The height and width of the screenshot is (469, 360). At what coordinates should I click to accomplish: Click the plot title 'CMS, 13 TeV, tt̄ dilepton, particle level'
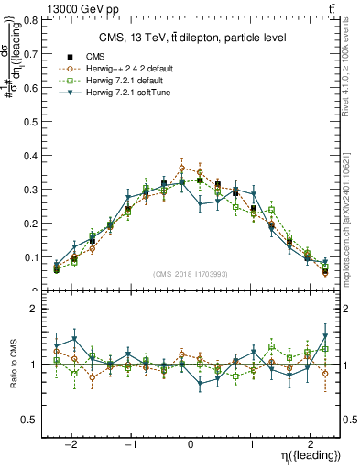(x=193, y=38)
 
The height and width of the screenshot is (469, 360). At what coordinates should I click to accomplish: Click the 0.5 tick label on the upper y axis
(x=33, y=122)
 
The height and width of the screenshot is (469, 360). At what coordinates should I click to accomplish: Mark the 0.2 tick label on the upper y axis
(x=33, y=224)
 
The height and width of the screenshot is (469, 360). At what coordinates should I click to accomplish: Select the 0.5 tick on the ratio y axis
(x=33, y=420)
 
